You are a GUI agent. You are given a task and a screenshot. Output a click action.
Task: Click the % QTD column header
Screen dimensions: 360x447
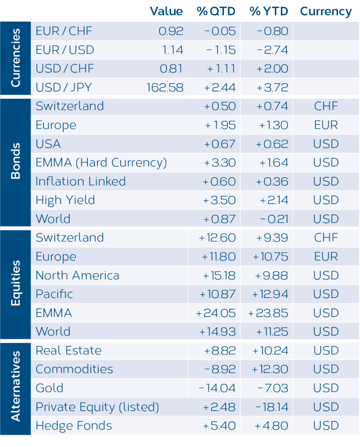pyautogui.click(x=216, y=12)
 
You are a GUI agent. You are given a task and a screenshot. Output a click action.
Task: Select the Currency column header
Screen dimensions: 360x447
pyautogui.click(x=326, y=12)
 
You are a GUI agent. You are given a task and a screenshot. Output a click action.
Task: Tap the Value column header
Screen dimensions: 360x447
pyautogui.click(x=166, y=12)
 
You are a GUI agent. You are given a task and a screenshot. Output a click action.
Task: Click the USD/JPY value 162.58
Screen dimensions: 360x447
pyautogui.click(x=165, y=87)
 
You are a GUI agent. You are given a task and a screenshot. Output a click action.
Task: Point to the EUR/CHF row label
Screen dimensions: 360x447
pyautogui.click(x=64, y=31)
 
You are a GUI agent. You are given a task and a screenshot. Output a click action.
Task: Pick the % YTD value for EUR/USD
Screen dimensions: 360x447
pyautogui.click(x=273, y=50)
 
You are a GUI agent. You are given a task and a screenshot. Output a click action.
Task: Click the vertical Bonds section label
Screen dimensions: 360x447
pyautogui.click(x=16, y=161)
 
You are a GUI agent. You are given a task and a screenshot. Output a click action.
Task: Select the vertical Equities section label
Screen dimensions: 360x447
pyautogui.click(x=16, y=283)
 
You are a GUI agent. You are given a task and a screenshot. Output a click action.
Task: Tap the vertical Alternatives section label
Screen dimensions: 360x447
pyautogui.click(x=16, y=386)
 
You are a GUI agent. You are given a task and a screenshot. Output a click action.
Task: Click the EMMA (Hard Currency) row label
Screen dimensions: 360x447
pyautogui.click(x=101, y=163)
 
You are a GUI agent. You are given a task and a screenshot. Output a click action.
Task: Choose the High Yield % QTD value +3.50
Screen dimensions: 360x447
pyautogui.click(x=219, y=200)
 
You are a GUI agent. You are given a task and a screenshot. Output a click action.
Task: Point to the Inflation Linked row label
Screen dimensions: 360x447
pyautogui.click(x=81, y=181)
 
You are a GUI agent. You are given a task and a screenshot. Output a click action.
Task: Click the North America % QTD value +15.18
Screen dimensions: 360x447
pyautogui.click(x=219, y=276)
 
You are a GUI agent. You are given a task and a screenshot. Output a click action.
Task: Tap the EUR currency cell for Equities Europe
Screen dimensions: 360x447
pyautogui.click(x=326, y=257)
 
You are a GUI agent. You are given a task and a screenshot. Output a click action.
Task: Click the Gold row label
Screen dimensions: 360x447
pyautogui.click(x=49, y=388)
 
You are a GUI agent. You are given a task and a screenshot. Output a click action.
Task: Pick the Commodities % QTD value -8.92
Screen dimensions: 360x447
pyautogui.click(x=220, y=370)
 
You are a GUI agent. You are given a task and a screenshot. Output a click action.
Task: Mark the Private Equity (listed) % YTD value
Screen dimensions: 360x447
pyautogui.click(x=272, y=407)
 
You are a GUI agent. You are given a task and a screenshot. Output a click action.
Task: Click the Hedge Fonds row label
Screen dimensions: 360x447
pyautogui.click(x=74, y=426)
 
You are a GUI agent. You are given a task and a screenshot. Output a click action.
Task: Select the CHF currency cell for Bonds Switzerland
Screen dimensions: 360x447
pyautogui.click(x=326, y=106)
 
